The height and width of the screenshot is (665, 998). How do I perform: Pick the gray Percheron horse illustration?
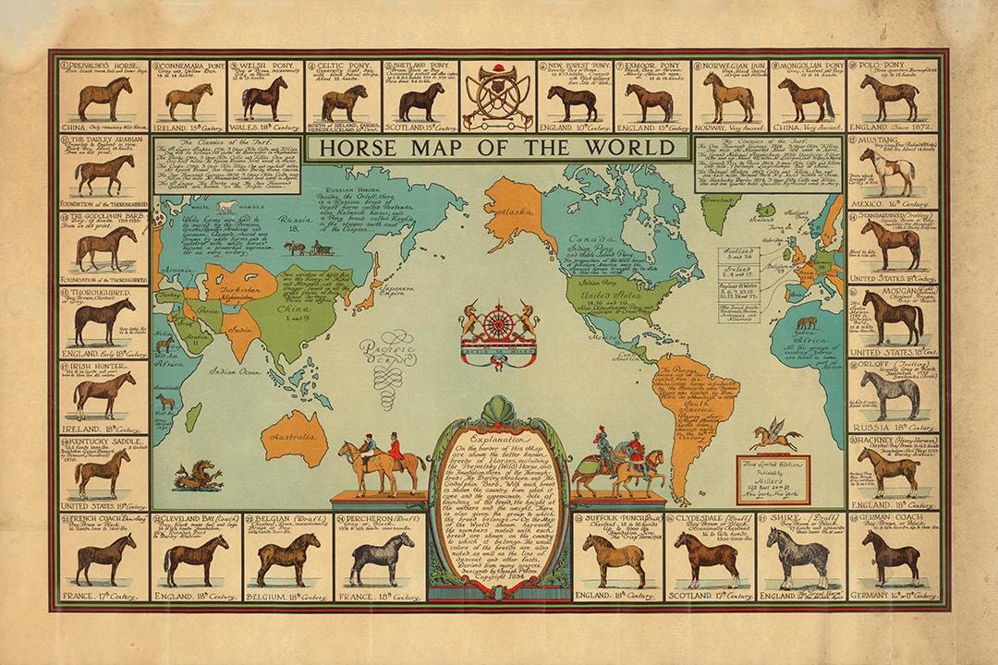[377, 560]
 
